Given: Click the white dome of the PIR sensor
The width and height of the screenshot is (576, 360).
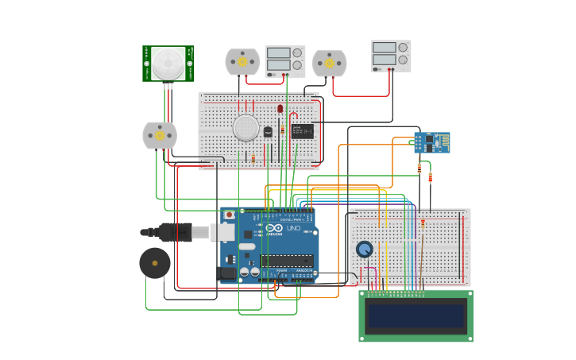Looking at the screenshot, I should pos(168,63).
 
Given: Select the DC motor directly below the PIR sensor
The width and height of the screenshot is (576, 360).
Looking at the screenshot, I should pos(160,136).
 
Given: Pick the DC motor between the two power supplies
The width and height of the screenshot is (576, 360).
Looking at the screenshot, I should pos(329,64).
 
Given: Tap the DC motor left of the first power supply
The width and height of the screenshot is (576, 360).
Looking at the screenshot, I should pos(242,62).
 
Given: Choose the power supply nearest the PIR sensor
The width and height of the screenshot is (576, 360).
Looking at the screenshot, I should pos(284,60).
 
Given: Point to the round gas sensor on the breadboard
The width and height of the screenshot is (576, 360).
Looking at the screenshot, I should pos(246,127).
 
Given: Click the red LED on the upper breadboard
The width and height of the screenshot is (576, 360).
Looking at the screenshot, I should pos(280,109).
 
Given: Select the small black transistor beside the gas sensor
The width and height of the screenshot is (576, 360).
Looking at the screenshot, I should pos(268,131).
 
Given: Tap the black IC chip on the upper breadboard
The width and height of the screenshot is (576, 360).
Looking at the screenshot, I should pos(302,131).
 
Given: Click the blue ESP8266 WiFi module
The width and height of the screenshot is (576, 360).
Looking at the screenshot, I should pos(431,143).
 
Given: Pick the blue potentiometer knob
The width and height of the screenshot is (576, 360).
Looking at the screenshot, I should pos(364,250).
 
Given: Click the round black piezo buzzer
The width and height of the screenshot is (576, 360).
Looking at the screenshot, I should pos(154,263).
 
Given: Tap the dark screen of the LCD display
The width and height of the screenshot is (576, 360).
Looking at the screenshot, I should pos(416,316).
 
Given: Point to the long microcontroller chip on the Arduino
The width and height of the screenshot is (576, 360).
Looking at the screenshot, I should pos(286,261).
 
